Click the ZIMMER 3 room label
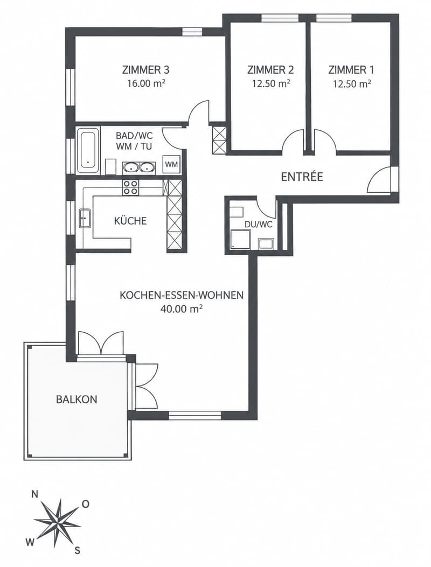click(146, 69)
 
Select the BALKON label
click(77, 400)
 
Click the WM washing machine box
click(171, 165)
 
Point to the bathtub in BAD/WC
click(88, 150)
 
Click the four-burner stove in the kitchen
click(130, 187)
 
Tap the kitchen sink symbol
click(85, 218)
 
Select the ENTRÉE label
click(302, 177)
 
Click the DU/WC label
click(259, 224)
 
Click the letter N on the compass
click(35, 495)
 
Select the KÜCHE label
click(130, 221)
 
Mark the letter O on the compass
click(86, 504)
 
